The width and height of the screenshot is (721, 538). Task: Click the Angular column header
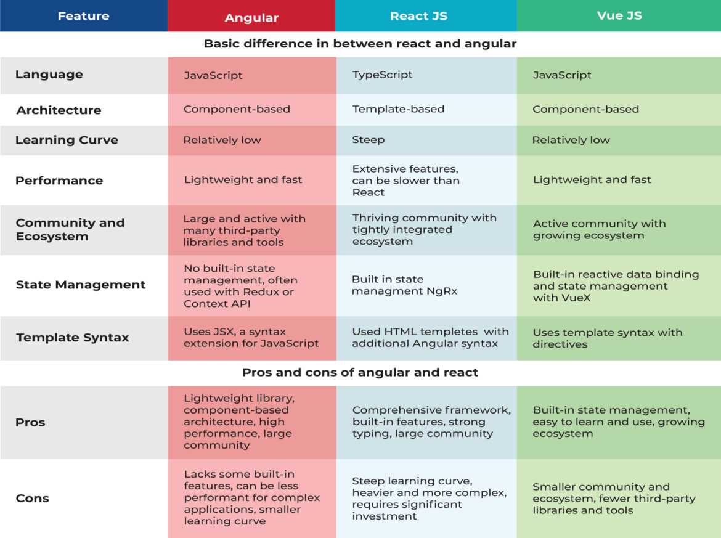point(251,17)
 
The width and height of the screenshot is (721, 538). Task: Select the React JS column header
point(418,16)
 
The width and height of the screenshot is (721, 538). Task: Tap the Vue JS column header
point(619,15)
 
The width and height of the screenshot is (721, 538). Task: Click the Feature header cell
point(83,16)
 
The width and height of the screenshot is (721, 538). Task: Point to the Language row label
point(49,75)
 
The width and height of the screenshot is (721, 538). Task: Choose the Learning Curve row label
point(67,140)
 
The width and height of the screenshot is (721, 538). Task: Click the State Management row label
point(81,285)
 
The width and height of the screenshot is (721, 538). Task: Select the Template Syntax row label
point(73,337)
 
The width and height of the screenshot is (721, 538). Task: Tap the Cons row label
point(32,498)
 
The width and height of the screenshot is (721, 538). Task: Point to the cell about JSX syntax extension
point(251,337)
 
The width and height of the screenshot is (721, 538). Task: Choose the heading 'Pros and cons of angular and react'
point(360,372)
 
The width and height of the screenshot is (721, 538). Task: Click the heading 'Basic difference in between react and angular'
point(360,44)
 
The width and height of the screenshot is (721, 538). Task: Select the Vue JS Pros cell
point(618,422)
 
